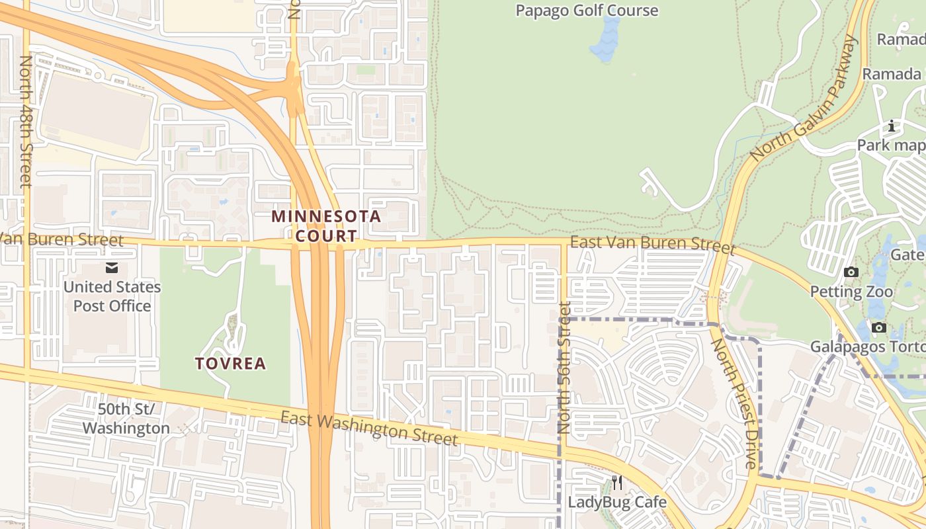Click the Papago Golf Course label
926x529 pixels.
pyautogui.click(x=587, y=11)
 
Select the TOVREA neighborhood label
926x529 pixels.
pyautogui.click(x=230, y=363)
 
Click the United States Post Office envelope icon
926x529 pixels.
pyautogui.click(x=111, y=268)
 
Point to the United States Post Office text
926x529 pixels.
pyautogui.click(x=112, y=296)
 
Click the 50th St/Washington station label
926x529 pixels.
pyautogui.click(x=126, y=419)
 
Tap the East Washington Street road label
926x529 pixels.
pyautogui.click(x=368, y=428)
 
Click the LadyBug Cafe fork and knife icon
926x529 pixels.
pyautogui.click(x=617, y=483)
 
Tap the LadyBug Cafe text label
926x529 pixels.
pyautogui.click(x=617, y=502)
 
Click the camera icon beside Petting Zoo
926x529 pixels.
pyautogui.click(x=851, y=272)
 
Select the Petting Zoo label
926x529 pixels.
pyautogui.click(x=851, y=292)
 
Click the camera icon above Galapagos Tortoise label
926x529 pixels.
pyautogui.click(x=879, y=327)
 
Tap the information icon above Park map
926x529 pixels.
pyautogui.click(x=892, y=126)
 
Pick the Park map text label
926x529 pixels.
pyautogui.click(x=890, y=145)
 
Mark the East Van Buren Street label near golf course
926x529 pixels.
pyautogui.click(x=652, y=244)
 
